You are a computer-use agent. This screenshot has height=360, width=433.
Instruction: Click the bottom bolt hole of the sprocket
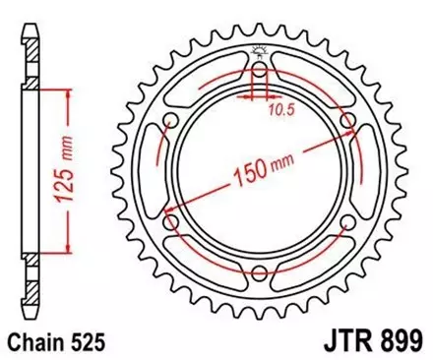(x=258, y=274)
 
